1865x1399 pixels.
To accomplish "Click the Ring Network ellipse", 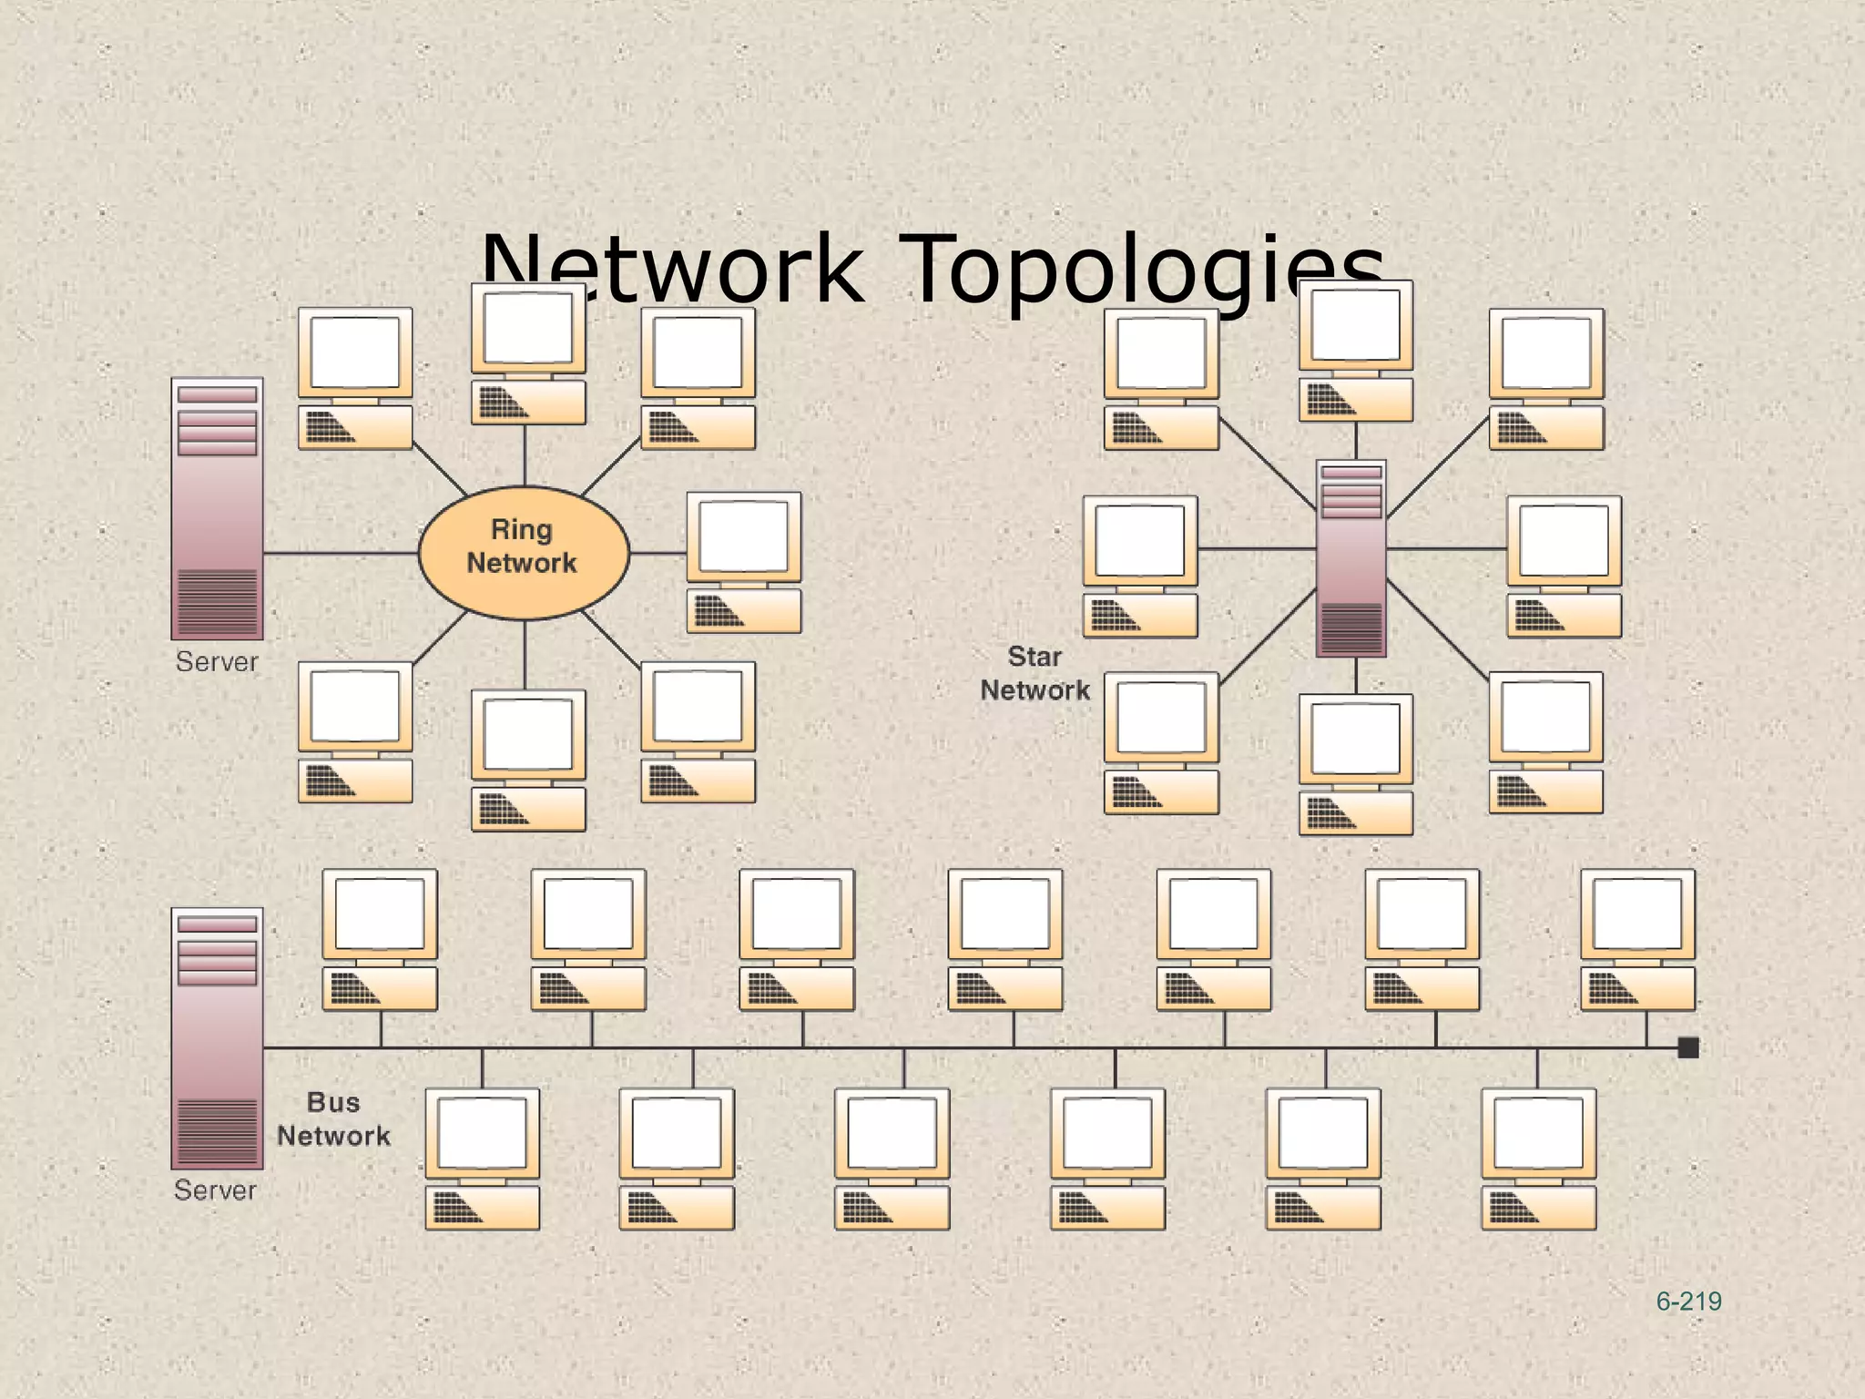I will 524,552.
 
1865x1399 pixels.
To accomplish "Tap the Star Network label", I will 1034,673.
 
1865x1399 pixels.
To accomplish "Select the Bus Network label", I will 333,1119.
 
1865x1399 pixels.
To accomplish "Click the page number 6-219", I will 1688,1302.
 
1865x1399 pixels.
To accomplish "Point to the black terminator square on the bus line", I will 1688,1048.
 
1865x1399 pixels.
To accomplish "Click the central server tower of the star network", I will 1351,557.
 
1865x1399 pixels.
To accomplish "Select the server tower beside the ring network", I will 218,509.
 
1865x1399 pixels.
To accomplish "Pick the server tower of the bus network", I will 218,1038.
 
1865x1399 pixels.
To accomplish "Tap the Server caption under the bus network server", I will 216,1190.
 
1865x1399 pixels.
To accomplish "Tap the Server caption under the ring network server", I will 218,662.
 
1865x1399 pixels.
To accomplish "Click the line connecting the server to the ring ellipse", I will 341,553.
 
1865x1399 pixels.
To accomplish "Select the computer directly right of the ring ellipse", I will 744,563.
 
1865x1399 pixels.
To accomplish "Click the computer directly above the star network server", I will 1356,352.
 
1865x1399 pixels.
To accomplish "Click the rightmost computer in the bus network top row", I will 1637,940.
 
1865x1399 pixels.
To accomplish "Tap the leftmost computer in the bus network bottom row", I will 483,1159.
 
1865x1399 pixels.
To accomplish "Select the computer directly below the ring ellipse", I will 528,761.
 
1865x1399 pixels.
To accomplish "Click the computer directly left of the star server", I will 1140,567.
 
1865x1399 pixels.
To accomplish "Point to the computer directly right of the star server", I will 1564,567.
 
